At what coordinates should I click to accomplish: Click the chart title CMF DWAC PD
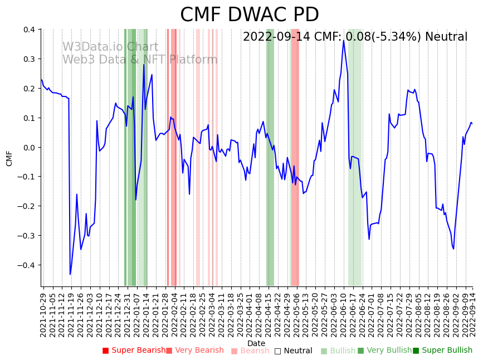249,15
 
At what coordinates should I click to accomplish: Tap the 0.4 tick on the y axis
28,30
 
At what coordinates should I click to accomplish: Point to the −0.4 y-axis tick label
27,265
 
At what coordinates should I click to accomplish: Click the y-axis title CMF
9,158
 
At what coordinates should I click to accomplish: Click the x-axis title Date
256,343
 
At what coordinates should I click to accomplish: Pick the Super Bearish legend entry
134,351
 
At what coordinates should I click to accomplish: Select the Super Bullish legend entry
442,351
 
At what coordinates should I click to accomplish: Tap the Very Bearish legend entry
194,351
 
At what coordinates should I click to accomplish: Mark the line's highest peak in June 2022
344,40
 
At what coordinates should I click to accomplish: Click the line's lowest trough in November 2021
70,274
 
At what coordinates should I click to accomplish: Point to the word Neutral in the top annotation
446,37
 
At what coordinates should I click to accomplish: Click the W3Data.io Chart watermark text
110,47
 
